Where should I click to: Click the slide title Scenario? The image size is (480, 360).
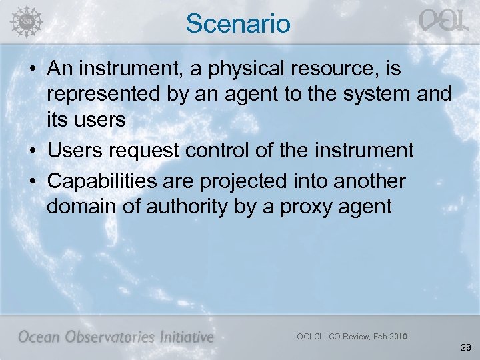click(239, 23)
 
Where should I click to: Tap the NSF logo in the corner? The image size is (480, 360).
click(26, 22)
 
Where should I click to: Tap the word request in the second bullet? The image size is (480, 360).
click(147, 151)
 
